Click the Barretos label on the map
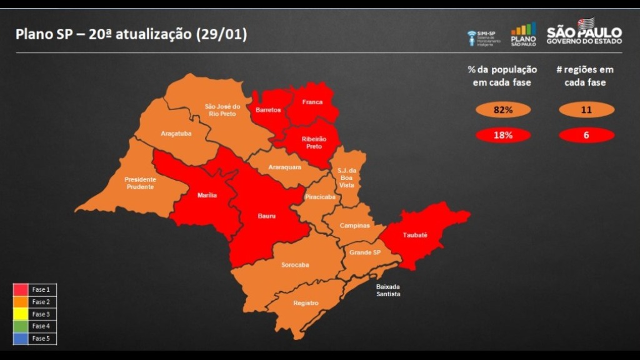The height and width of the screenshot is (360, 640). [268, 110]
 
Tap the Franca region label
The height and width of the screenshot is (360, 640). [312, 102]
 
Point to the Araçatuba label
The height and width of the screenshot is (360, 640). [176, 134]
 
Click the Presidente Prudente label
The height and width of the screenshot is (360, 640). [141, 182]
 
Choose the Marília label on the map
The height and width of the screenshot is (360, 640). [207, 196]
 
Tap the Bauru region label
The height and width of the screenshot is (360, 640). [267, 216]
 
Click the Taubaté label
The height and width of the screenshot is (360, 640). [415, 235]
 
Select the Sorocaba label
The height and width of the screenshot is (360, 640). [295, 264]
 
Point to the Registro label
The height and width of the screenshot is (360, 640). [306, 303]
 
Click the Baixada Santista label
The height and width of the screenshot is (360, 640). [387, 290]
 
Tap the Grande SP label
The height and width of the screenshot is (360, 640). [364, 252]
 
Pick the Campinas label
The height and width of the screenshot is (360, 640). [354, 226]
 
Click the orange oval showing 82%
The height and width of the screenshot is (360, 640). [503, 110]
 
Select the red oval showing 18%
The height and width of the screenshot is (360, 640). [503, 135]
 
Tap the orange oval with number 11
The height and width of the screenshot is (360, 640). [586, 110]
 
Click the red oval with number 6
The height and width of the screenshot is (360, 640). [586, 135]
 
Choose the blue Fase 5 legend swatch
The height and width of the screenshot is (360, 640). [21, 339]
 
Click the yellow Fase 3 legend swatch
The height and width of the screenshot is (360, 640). [21, 314]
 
